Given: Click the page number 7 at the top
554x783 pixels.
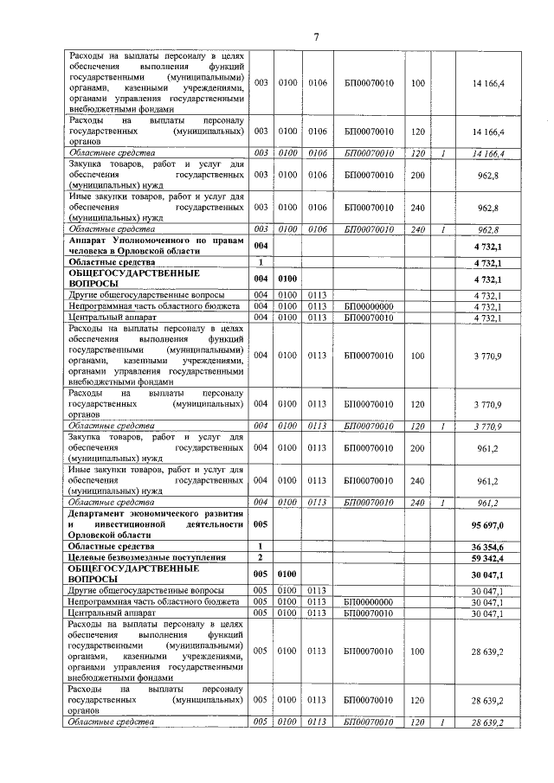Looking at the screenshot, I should coord(317,36).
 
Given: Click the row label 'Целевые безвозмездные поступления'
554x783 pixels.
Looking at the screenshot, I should coord(143,559).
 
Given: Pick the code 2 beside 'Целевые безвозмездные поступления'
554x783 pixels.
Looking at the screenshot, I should coord(260,559).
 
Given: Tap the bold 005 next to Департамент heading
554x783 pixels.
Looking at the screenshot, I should coord(260,524).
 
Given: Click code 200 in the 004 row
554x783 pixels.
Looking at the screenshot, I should coord(419,449).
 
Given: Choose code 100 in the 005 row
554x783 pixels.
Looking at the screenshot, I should coord(419,651).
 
